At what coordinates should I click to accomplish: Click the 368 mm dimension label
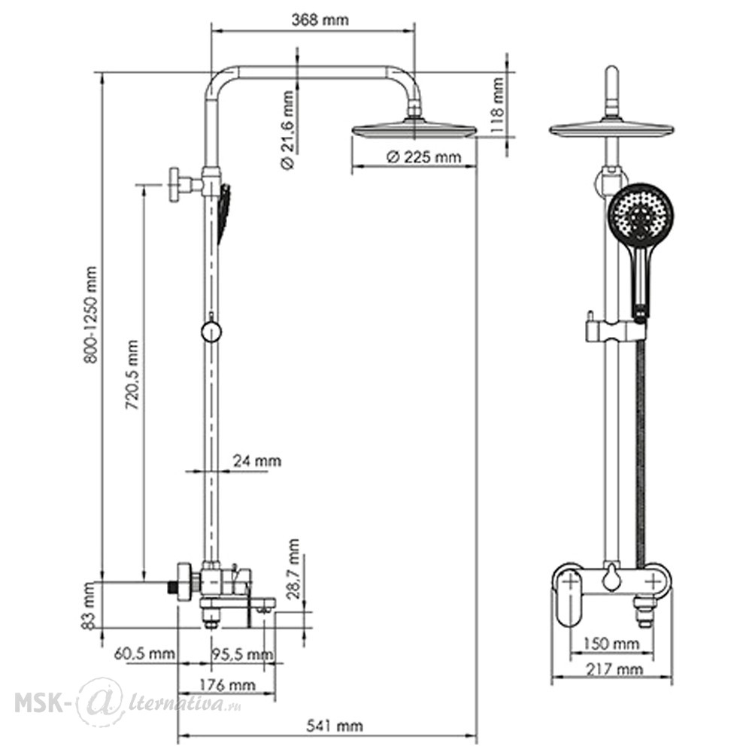pyautogui.click(x=320, y=20)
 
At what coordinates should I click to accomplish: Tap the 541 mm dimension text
pyautogui.click(x=335, y=726)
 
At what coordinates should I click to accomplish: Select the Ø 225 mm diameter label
pyautogui.click(x=423, y=157)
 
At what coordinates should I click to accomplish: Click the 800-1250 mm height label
pyautogui.click(x=90, y=316)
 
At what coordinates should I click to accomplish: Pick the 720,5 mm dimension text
pyautogui.click(x=132, y=374)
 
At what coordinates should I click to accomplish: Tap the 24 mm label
pyautogui.click(x=257, y=461)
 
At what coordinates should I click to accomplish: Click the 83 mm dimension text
pyautogui.click(x=89, y=605)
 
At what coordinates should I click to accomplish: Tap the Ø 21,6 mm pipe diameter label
pyautogui.click(x=287, y=130)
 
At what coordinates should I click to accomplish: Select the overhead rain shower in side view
pyautogui.click(x=414, y=130)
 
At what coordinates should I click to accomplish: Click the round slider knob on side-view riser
pyautogui.click(x=211, y=332)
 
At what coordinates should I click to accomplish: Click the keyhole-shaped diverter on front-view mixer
pyautogui.click(x=611, y=578)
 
